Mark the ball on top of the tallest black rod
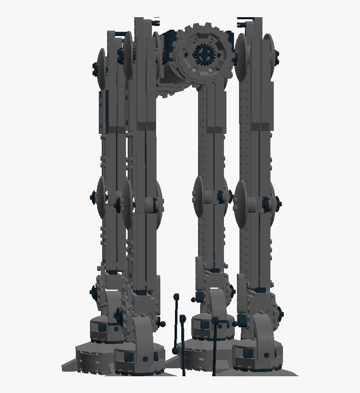[x=177, y=297]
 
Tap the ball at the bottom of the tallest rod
[x=175, y=350]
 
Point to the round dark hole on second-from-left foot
[x=145, y=359]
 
